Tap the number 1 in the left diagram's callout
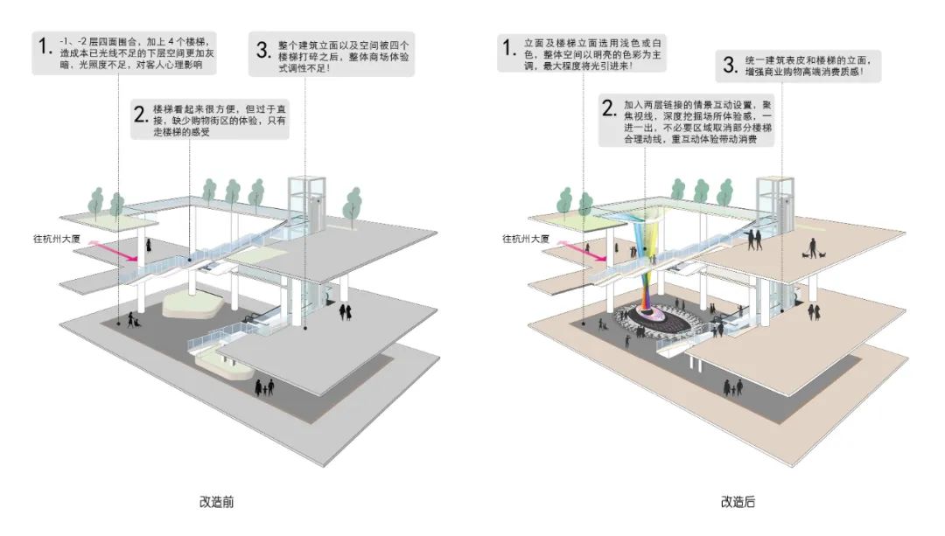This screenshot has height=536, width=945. coord(44,45)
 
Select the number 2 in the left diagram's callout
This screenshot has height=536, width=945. coord(137,113)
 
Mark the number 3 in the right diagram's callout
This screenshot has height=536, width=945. coord(727,63)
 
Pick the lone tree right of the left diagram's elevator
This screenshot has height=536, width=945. coord(353,205)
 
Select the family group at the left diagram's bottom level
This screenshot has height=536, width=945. coord(264,386)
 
